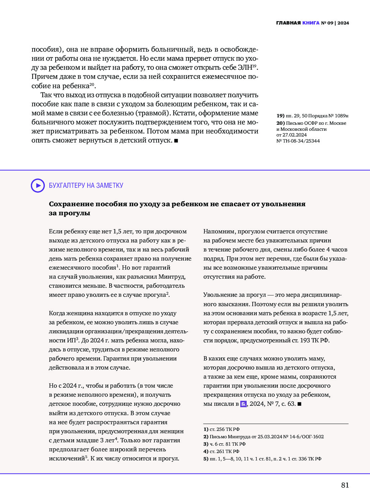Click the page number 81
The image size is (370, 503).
(x=345, y=485)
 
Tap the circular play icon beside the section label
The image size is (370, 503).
(x=38, y=185)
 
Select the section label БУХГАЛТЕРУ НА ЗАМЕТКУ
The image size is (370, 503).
(x=86, y=185)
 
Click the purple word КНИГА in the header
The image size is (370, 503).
(x=311, y=23)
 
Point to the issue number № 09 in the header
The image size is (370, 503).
(x=327, y=23)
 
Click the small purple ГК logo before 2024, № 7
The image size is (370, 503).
(x=243, y=404)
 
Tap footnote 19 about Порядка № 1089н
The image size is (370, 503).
(x=312, y=116)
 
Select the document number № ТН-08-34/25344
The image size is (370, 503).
(x=298, y=141)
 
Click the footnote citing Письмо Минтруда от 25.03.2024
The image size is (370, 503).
(x=263, y=437)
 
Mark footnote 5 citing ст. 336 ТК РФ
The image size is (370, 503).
(x=262, y=459)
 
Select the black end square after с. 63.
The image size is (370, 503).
(x=300, y=404)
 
